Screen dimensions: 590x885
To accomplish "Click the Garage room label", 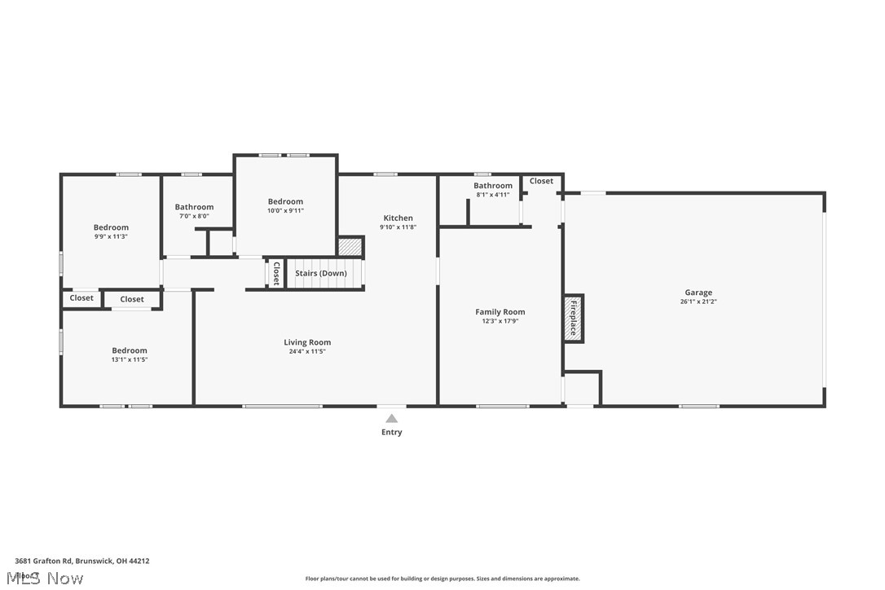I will pos(698,293).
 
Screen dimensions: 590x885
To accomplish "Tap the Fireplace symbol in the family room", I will pos(573,318).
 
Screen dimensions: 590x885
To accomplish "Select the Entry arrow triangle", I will pos(391,419).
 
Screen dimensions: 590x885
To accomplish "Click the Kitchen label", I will pos(398,218).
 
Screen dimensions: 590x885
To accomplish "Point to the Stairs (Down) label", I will pos(320,273).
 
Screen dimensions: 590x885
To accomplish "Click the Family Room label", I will pos(500,311).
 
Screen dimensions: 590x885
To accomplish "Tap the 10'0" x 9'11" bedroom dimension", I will pos(285,210).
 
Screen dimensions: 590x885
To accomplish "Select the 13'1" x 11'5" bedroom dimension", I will pos(130,359).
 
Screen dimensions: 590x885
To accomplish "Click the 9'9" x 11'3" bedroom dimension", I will pos(111,236).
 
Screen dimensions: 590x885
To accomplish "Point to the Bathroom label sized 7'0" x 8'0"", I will pos(194,207).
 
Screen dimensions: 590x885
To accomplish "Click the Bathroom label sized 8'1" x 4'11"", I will pos(493,186).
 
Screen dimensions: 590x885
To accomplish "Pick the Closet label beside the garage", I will pos(541,181).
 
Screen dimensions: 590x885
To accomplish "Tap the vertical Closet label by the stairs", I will pos(276,273).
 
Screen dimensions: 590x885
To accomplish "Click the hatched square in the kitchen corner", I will pos(350,246).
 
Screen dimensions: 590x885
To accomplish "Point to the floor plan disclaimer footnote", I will pos(442,579).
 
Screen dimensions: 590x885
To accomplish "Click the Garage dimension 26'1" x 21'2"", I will pos(698,302).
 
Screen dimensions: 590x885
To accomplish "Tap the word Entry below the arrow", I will pos(391,432).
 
